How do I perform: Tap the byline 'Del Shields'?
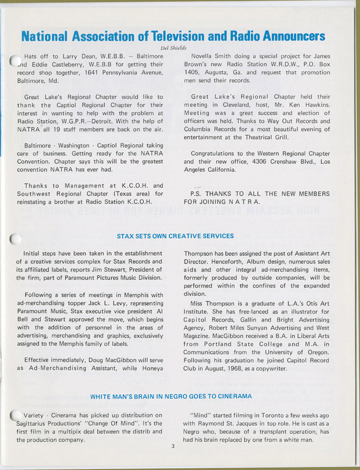pos(173,48)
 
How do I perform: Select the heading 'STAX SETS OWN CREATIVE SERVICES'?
pos(175,236)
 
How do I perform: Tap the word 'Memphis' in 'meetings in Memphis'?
pos(138,295)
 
